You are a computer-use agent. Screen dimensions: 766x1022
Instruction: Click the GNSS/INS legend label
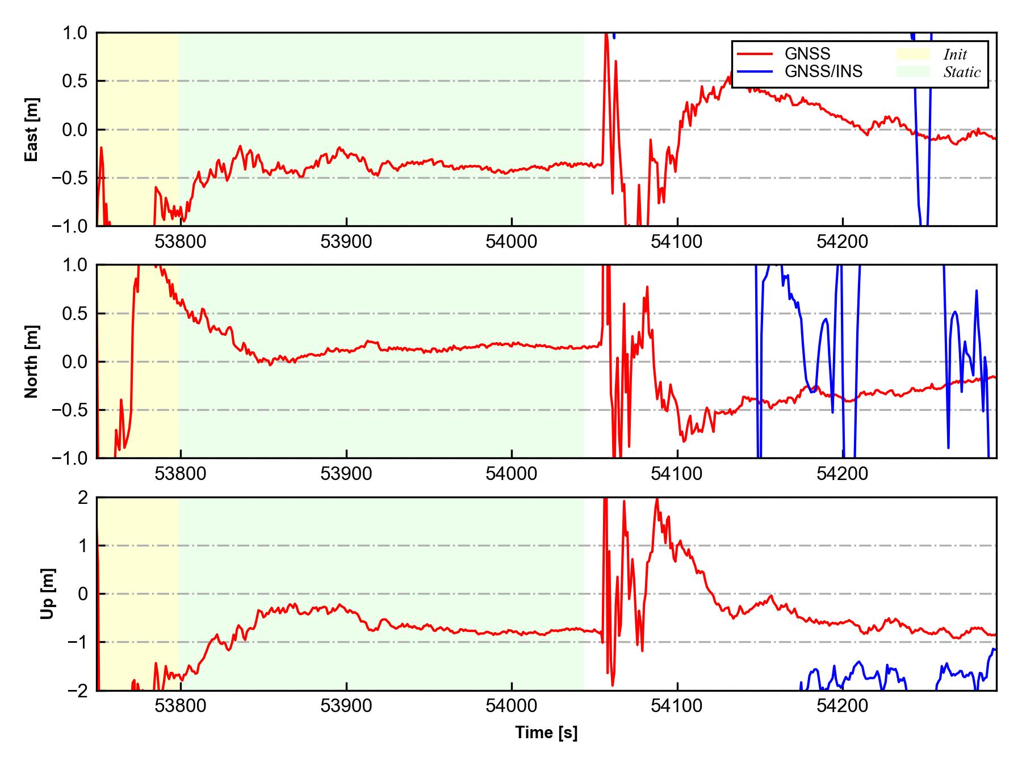pos(823,71)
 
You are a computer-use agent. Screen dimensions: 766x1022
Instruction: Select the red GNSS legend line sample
pos(755,54)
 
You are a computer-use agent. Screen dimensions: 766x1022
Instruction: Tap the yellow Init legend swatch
pos(912,54)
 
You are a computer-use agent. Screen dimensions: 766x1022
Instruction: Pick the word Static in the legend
pos(962,72)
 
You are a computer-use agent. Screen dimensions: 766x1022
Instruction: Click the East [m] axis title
pos(32,129)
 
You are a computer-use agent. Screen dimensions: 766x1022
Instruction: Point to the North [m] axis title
pos(32,361)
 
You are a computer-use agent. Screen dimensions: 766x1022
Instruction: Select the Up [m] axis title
pos(48,594)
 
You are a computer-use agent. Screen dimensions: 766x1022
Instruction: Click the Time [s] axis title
pos(546,733)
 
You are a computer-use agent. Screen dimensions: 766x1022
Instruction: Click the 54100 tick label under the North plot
pos(677,474)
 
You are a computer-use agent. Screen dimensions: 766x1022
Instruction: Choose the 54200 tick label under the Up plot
pos(842,706)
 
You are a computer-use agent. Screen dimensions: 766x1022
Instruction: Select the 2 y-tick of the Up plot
pos(83,498)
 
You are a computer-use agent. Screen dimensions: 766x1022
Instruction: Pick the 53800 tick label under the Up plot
pos(181,706)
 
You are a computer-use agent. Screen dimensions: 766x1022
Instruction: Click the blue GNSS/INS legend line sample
pos(755,71)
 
